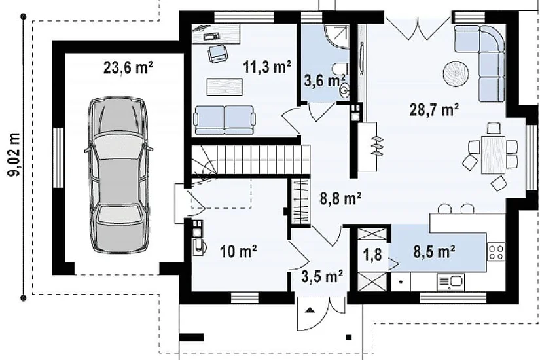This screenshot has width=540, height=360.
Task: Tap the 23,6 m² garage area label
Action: tap(128, 67)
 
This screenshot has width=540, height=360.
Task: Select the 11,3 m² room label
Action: tap(267, 67)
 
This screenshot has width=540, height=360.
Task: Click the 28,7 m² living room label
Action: tap(434, 110)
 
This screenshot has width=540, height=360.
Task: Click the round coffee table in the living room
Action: tap(456, 74)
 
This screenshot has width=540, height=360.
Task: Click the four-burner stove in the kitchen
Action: tap(496, 251)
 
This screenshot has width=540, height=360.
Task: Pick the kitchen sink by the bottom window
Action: tap(451, 282)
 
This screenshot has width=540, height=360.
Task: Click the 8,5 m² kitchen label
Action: tap(434, 252)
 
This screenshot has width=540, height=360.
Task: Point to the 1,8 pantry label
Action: tap(372, 255)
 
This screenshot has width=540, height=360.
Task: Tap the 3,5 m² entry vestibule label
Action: tap(322, 276)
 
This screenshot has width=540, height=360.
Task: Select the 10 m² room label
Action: tap(238, 251)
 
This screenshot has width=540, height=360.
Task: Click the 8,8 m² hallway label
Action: tap(340, 198)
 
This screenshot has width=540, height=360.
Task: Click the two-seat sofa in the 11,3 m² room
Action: tap(225, 120)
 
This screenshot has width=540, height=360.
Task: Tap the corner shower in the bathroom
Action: tap(336, 37)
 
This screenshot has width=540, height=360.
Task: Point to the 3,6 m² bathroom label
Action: tap(325, 81)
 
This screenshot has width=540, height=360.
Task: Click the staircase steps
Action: tap(251, 160)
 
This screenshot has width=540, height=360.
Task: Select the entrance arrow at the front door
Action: tap(310, 310)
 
